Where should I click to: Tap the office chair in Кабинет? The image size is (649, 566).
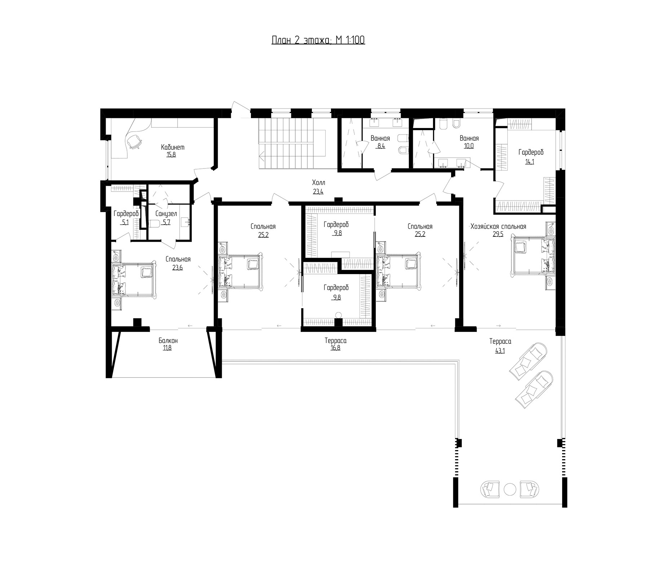(x=134, y=141)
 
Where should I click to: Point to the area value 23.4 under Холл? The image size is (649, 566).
(x=318, y=192)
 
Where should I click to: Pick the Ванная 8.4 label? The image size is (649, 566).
(x=380, y=142)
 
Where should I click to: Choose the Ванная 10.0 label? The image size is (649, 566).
(x=469, y=142)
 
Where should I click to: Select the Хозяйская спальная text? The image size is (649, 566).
(x=498, y=227)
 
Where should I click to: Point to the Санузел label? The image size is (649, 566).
(x=166, y=214)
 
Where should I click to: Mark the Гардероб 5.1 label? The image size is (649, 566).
(x=126, y=218)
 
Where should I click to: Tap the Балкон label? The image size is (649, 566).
(x=168, y=341)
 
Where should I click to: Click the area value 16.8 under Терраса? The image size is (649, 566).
(x=335, y=348)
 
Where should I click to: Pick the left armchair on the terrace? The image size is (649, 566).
(x=490, y=490)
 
